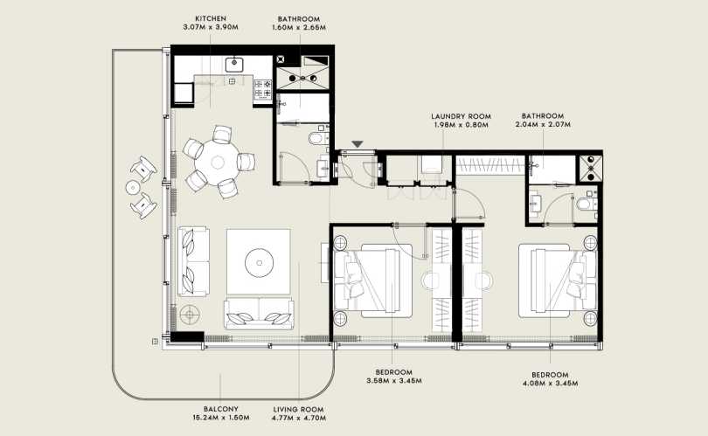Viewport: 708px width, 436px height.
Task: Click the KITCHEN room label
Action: (x=211, y=18)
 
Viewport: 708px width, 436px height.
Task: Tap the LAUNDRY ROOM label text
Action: (x=461, y=116)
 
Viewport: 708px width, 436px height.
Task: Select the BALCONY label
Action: (x=221, y=410)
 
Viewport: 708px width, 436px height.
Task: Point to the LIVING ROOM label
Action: (x=298, y=410)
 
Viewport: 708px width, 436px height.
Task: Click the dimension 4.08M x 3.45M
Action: (x=550, y=384)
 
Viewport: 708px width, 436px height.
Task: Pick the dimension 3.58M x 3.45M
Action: (x=393, y=380)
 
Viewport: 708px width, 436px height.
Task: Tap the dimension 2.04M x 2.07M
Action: (x=543, y=124)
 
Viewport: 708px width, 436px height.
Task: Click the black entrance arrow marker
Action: (x=357, y=144)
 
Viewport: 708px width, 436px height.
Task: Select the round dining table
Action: (x=219, y=162)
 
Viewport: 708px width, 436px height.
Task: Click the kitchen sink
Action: (x=234, y=64)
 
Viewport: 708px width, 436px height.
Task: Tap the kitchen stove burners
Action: (x=263, y=88)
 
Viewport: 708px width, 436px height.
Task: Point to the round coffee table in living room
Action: (x=260, y=262)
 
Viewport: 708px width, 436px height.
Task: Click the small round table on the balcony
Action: (x=133, y=187)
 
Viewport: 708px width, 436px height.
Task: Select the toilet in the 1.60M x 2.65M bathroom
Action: (x=317, y=138)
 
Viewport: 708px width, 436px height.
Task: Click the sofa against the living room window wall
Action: (x=193, y=262)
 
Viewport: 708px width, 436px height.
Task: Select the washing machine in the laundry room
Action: (x=432, y=164)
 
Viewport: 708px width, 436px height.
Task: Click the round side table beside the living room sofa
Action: (x=189, y=315)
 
